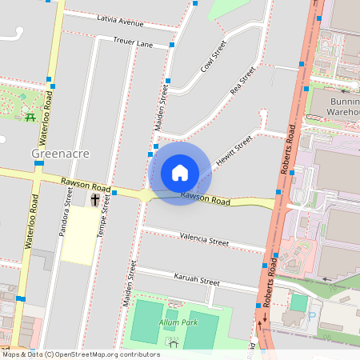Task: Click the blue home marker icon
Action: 180,173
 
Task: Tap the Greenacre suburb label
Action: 60,153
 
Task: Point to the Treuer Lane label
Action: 132,43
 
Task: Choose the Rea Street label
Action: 242,80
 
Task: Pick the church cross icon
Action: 95,198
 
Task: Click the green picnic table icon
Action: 30,117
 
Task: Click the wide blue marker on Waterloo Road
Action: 39,163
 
